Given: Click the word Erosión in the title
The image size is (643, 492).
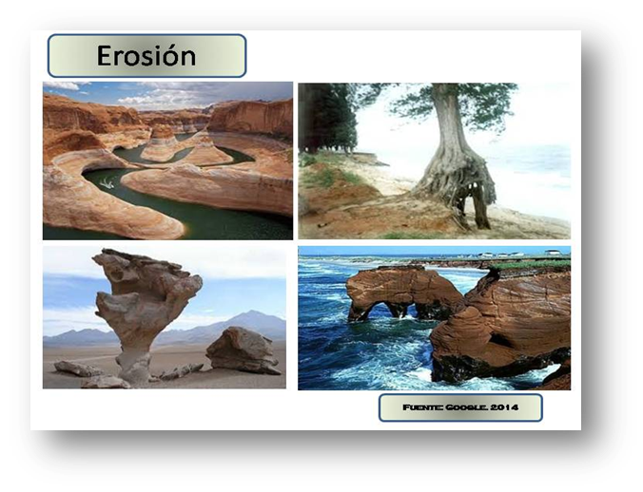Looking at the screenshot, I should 146,56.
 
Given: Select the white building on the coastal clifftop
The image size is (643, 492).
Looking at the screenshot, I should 553,253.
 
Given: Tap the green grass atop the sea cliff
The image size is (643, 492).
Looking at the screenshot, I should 533,265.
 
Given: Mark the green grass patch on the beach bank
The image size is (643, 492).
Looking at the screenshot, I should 323,176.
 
